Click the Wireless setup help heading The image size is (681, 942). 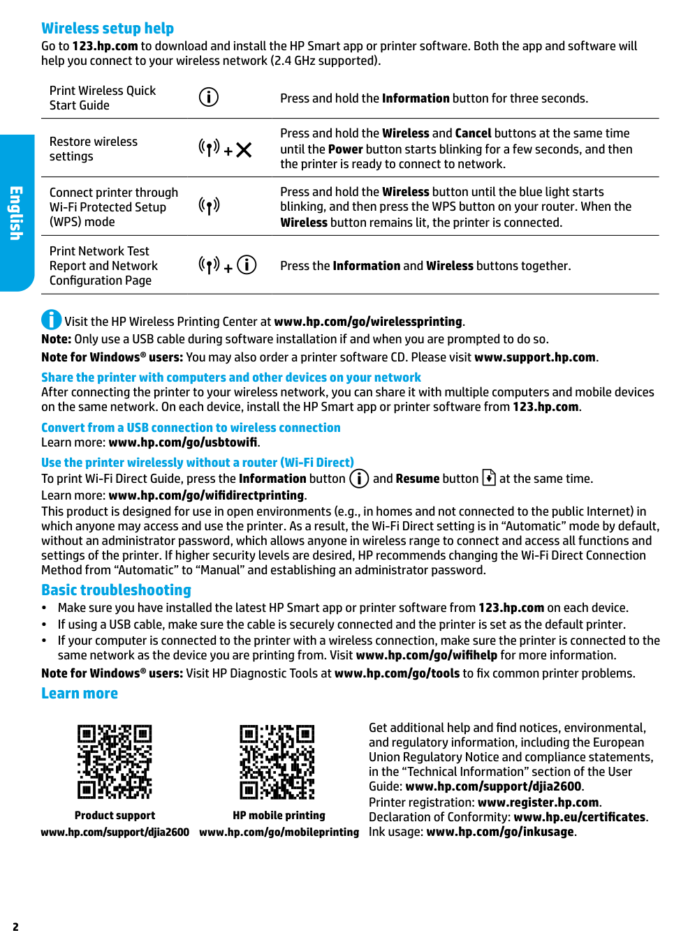point(108,29)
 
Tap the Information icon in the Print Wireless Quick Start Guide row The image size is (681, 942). point(209,97)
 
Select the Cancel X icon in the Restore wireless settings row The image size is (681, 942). point(244,150)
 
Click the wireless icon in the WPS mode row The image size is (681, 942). point(209,205)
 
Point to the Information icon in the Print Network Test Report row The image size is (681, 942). point(247,265)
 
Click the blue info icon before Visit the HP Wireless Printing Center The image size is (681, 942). point(51,320)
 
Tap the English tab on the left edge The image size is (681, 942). point(16,213)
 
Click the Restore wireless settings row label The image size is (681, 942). point(93,149)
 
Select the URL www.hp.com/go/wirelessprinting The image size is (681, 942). point(368,322)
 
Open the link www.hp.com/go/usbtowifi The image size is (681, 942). point(183,442)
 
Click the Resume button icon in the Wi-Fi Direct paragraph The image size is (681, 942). point(489,478)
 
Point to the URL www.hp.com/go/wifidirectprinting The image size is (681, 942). point(206,495)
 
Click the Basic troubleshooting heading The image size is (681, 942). point(116,590)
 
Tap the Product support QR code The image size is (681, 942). point(115,761)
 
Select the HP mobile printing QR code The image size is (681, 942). point(277,761)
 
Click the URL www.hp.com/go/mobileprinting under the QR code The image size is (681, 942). point(279,832)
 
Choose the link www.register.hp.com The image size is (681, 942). point(538,802)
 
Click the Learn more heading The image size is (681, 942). point(80,694)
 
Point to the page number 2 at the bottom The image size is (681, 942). point(15,927)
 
